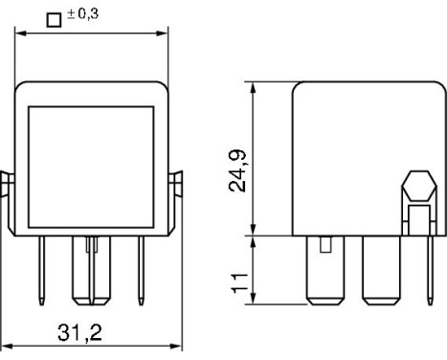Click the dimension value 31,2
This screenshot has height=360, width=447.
[79, 332]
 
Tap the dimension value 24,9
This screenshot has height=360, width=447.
[237, 170]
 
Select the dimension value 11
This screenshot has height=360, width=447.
[239, 283]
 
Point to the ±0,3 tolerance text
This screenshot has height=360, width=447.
[82, 14]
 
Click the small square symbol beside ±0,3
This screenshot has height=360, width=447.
[54, 20]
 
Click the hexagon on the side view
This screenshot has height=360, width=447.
[419, 186]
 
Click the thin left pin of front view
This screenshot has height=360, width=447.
[41, 271]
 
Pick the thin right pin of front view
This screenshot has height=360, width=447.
[141, 271]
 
